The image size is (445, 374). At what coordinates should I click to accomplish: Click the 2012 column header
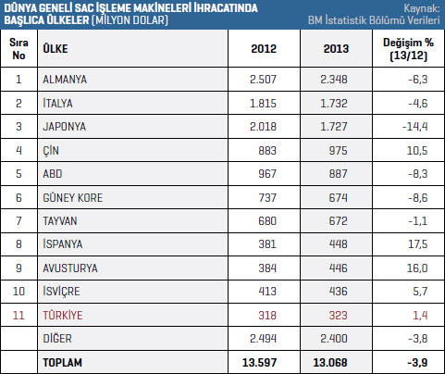[x=264, y=49]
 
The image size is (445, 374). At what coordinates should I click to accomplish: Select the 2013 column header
[x=336, y=49]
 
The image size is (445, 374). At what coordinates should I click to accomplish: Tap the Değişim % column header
[x=408, y=49]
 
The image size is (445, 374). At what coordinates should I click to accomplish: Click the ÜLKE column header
[x=56, y=48]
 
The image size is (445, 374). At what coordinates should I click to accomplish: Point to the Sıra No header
[x=19, y=49]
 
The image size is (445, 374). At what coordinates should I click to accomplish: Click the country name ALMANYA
[x=65, y=80]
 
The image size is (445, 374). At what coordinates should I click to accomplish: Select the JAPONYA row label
[x=65, y=127]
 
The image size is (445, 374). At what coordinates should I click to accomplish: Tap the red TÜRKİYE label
[x=63, y=315]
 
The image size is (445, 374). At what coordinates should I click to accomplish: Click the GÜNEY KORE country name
[x=73, y=197]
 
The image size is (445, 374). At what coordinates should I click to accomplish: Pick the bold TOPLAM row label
[x=63, y=363]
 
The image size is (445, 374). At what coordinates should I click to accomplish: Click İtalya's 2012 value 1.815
[x=263, y=103]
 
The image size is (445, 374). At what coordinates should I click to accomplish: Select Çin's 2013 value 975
[x=338, y=151]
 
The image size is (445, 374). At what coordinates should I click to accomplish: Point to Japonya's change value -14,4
[x=415, y=127]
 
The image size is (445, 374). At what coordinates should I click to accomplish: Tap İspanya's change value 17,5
[x=418, y=244]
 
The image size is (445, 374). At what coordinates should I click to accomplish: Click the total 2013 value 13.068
[x=330, y=363]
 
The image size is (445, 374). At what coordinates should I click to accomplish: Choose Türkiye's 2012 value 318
[x=267, y=316]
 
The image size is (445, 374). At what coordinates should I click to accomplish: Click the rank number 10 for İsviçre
[x=19, y=292]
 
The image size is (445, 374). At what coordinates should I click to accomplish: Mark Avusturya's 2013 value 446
[x=338, y=268]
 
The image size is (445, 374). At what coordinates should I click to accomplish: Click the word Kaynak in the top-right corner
[x=421, y=8]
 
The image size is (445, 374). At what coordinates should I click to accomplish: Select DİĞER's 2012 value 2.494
[x=263, y=339]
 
